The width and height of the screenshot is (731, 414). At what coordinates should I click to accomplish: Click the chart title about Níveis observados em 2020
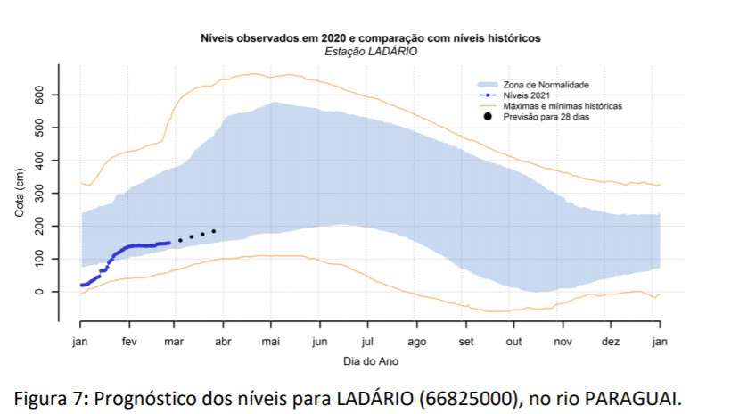(x=370, y=39)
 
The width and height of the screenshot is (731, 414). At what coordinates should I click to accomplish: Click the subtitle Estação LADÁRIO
(x=370, y=52)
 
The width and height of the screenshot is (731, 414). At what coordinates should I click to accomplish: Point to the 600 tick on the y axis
(x=40, y=95)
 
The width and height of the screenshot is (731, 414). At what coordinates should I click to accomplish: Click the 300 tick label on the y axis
(x=40, y=194)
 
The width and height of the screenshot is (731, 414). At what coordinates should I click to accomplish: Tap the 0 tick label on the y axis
(x=40, y=292)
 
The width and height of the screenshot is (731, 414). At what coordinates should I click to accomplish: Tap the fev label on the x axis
(x=129, y=342)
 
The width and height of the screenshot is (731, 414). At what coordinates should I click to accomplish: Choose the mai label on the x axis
(x=272, y=342)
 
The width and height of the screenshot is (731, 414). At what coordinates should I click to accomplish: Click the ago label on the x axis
(x=416, y=342)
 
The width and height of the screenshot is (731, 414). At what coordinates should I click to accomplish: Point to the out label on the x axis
(x=513, y=342)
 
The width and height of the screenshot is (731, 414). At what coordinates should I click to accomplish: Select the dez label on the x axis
(x=611, y=342)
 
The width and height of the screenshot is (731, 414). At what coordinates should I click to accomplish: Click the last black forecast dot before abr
(x=214, y=232)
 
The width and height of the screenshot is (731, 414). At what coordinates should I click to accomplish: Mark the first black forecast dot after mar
(x=180, y=240)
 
